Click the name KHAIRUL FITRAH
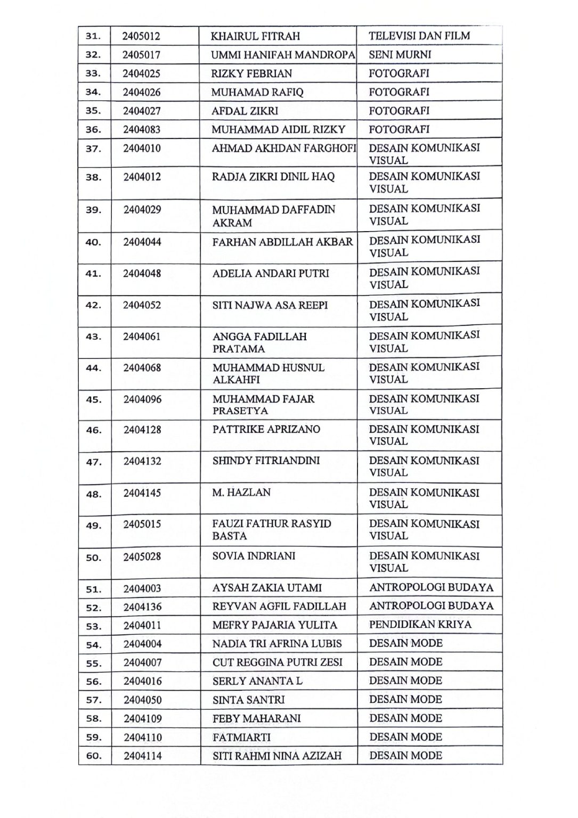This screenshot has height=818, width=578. point(255,36)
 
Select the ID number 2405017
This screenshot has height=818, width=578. point(141,55)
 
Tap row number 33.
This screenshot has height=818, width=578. point(93,73)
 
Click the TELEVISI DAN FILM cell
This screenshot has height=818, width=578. point(419,36)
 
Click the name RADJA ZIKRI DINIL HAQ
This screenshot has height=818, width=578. point(273,176)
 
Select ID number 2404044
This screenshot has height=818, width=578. point(142,242)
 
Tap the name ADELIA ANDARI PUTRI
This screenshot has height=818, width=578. point(271,273)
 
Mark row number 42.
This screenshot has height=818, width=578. point(93,306)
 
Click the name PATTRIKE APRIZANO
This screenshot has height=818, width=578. point(266,429)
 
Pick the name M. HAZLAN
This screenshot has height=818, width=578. point(241,493)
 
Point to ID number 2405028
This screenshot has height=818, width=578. point(142,557)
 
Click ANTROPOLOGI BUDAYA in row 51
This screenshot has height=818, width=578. point(431,588)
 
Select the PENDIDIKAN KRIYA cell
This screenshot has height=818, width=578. point(420,624)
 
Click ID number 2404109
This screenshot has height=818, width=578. point(142,718)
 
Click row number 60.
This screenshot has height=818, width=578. point(93,756)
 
